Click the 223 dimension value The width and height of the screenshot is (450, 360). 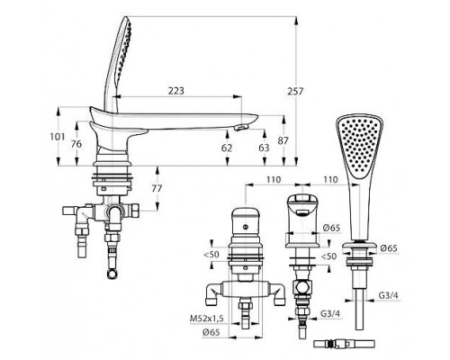pyautogui.click(x=175, y=91)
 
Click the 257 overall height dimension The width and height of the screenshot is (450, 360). pyautogui.click(x=295, y=91)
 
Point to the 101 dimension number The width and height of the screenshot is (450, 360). pyautogui.click(x=57, y=137)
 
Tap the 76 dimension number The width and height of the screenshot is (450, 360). pyautogui.click(x=76, y=144)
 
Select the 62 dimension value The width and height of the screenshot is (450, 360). pyautogui.click(x=227, y=148)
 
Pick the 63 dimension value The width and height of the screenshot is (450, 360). pyautogui.click(x=264, y=148)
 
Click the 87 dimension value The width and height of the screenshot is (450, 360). pyautogui.click(x=283, y=140)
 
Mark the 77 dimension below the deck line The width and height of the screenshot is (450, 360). pyautogui.click(x=157, y=188)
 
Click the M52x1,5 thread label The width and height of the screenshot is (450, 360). pyautogui.click(x=207, y=319)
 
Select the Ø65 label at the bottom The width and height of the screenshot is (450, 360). pyautogui.click(x=211, y=332)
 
